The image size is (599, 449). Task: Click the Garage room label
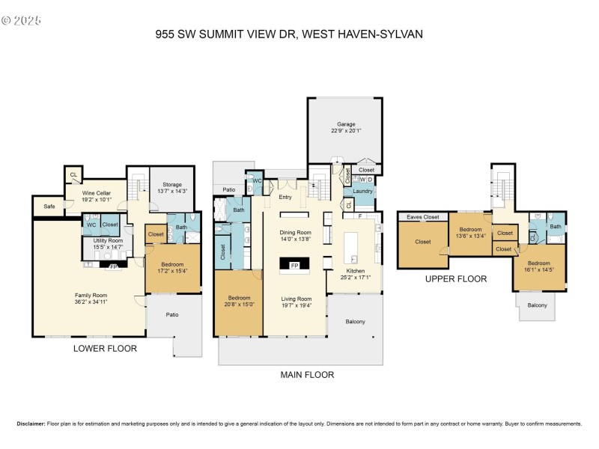(345, 124)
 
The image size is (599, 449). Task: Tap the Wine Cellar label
(96, 193)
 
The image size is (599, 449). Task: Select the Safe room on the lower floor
(49, 206)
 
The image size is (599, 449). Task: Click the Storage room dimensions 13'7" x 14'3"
(167, 192)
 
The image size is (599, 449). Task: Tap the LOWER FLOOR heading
(103, 348)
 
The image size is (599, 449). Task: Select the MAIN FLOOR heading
(306, 375)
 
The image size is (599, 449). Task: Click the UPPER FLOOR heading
(455, 278)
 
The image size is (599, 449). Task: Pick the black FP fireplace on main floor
(294, 265)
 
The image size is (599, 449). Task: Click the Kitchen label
(355, 270)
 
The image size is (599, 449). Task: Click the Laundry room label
(363, 192)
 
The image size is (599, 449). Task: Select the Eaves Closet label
(422, 217)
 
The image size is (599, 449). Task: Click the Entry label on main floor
(285, 198)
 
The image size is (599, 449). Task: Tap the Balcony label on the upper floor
(537, 305)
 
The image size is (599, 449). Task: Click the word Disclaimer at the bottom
(30, 424)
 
